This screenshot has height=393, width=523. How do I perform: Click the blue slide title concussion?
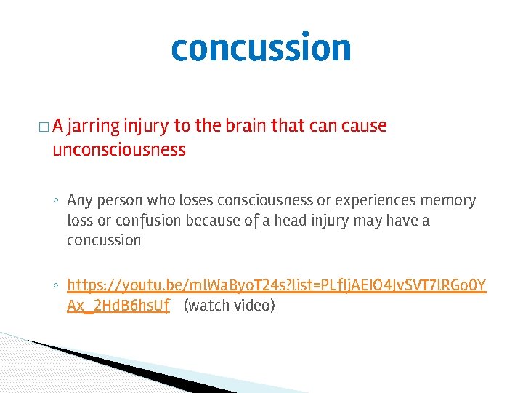tap(261, 48)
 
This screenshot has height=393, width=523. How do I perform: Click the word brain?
tap(241, 126)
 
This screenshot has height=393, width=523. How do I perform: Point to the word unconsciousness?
tap(118, 151)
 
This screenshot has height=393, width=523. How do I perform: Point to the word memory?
tap(452, 200)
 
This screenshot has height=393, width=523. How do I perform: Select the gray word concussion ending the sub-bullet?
tap(103, 240)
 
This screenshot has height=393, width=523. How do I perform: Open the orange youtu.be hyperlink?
tap(276, 285)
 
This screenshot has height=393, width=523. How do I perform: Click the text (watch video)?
tap(230, 306)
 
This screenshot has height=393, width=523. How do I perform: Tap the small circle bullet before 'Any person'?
tap(56, 201)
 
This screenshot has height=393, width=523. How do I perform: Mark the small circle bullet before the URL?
tap(56, 286)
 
